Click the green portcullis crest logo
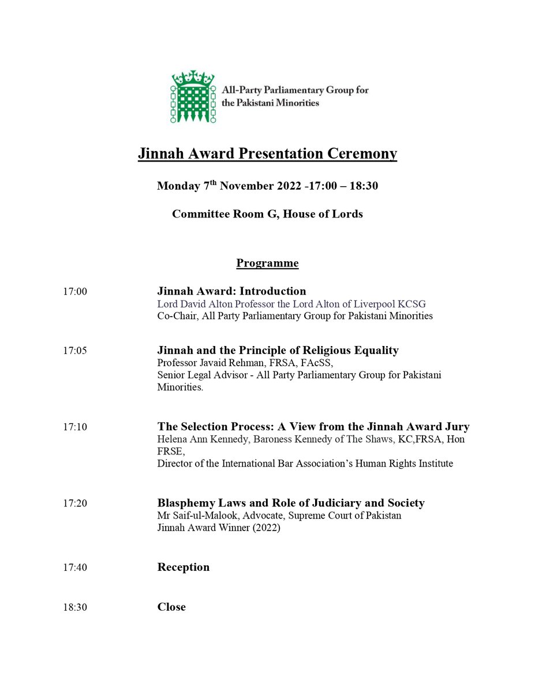tap(192, 96)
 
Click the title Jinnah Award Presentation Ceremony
tap(267, 154)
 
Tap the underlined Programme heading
tap(267, 264)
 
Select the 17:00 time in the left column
tap(75, 292)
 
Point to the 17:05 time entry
tap(75, 351)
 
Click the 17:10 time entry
tap(75, 428)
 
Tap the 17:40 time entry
tap(75, 568)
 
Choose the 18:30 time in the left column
tap(75, 608)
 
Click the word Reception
tap(183, 567)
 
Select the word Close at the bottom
tap(171, 607)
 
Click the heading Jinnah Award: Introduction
tap(231, 291)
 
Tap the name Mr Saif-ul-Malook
tap(194, 516)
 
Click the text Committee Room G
tap(218, 214)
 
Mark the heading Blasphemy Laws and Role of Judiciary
tap(291, 503)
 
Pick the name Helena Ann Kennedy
tap(197, 439)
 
